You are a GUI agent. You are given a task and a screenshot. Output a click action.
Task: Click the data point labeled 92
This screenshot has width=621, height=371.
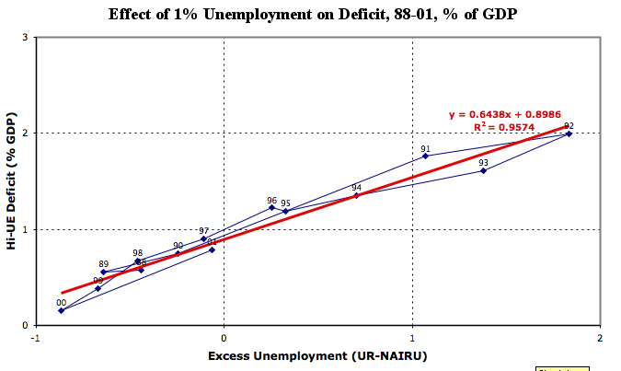click(569, 133)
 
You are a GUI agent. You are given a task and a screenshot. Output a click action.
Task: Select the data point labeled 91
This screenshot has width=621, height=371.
click(425, 156)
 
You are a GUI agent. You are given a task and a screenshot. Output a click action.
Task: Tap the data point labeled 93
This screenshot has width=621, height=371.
click(483, 170)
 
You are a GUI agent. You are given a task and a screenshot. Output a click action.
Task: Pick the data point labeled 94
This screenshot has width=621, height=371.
click(356, 195)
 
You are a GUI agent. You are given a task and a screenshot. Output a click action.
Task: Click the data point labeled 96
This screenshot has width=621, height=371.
click(271, 207)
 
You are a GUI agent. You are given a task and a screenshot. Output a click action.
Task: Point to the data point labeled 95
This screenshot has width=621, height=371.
click(285, 211)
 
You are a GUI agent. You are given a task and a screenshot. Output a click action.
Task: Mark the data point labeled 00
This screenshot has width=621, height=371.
click(61, 310)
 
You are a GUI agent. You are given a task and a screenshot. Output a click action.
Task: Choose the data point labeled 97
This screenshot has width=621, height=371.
click(203, 238)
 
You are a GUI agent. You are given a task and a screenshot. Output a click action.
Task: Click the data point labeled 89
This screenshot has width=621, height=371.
click(103, 272)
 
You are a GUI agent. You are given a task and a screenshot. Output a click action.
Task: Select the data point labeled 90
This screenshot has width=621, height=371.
click(178, 253)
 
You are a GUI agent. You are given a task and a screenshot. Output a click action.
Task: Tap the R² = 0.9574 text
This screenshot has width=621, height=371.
click(502, 127)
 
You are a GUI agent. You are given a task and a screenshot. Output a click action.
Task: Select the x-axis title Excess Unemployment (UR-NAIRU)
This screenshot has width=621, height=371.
click(317, 355)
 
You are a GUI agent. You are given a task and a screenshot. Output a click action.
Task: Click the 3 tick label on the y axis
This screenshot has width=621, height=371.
click(23, 37)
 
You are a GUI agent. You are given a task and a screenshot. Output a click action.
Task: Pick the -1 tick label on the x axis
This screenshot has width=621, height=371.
click(35, 338)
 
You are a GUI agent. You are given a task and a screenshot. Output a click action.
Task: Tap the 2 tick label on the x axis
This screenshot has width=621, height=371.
click(600, 338)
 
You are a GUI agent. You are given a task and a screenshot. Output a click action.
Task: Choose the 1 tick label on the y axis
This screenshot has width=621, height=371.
click(23, 229)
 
